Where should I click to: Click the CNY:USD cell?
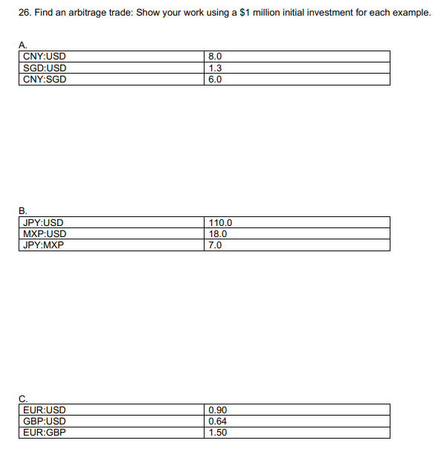coord(45,56)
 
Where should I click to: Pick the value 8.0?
coord(216,56)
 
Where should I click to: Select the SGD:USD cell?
coord(45,68)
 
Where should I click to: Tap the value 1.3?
coord(216,68)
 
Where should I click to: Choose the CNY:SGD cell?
coord(45,80)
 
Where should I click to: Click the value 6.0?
coord(216,80)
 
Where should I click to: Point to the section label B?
coord(22,210)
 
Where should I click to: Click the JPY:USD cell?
coord(43,222)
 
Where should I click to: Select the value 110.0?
coord(221,222)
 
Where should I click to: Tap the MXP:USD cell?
coord(45,233)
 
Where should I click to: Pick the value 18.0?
coord(218,233)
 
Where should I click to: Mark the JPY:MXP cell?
coord(43,245)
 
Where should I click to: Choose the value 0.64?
coord(218,421)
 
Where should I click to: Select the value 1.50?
coord(218,433)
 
